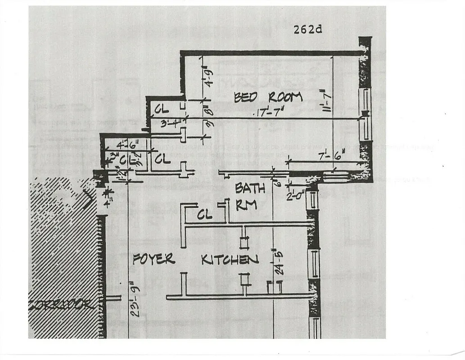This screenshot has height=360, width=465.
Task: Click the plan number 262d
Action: [x=308, y=30]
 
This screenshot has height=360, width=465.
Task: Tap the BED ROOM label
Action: [x=268, y=97]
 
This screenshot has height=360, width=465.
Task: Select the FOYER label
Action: [x=153, y=259]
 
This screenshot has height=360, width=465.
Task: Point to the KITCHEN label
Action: [x=230, y=260]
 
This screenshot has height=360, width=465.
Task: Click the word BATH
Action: [x=250, y=189]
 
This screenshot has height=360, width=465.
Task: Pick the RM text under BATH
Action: [x=246, y=205]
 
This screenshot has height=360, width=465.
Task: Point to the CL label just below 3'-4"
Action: [x=163, y=159]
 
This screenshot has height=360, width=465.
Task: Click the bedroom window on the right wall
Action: [x=366, y=114]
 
